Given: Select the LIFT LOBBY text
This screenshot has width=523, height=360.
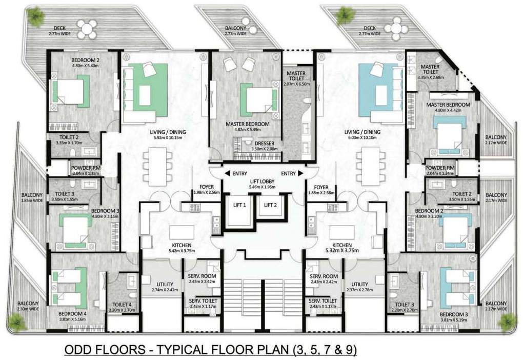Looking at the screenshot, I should point(262,182).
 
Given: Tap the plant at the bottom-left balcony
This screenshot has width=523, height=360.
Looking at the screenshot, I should point(18,323).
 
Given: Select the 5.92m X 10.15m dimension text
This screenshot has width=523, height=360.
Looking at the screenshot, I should point(168,138).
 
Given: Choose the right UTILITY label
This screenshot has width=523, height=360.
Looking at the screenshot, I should point(359,284).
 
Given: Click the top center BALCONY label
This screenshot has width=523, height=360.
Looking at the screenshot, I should point(235,28).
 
